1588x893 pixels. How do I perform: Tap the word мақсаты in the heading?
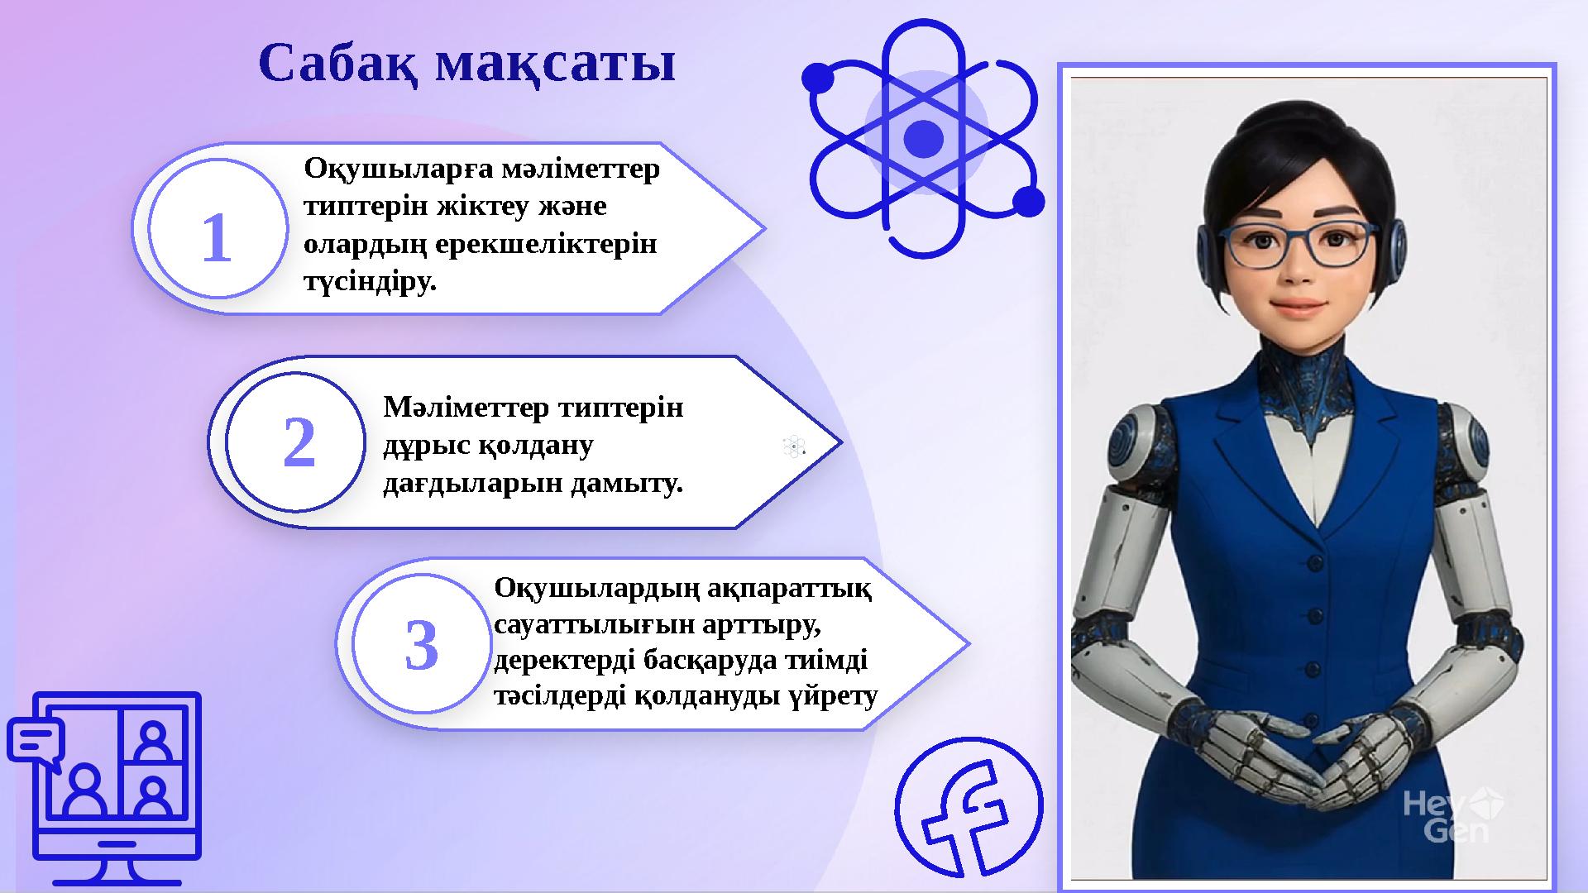coord(555,64)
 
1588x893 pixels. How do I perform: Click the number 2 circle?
coord(298,443)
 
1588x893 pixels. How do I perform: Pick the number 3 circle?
coord(421,646)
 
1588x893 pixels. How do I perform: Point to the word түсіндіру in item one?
coord(368,282)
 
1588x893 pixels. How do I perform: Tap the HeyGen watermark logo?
coord(1453,814)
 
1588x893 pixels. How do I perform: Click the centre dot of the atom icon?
coord(923,138)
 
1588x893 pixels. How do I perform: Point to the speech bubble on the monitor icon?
coord(36,742)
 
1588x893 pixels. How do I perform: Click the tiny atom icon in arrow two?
coord(793,446)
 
